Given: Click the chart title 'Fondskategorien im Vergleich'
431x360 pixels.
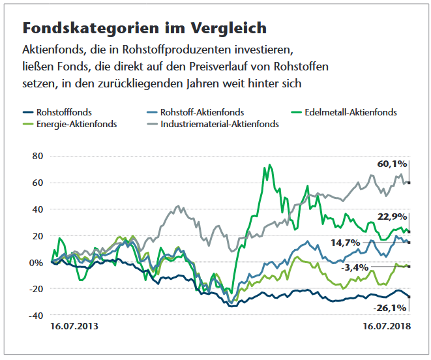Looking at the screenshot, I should click(x=144, y=28).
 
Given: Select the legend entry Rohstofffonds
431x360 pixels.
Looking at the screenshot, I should click(x=64, y=112).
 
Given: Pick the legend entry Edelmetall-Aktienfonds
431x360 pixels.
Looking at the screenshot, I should click(x=350, y=112).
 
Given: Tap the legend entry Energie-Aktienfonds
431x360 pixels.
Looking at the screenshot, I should click(x=77, y=124).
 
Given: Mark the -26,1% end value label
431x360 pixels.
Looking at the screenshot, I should click(x=389, y=307).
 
